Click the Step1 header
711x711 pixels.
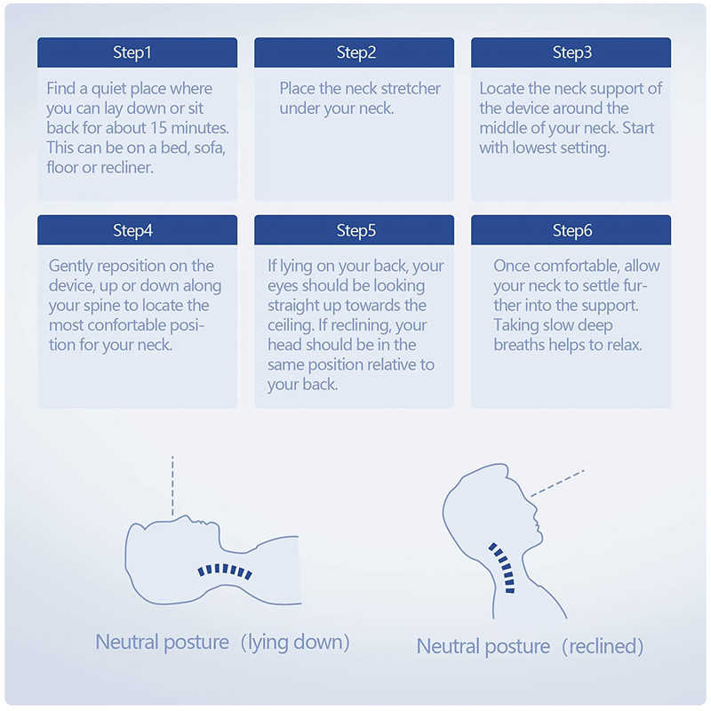click(x=137, y=52)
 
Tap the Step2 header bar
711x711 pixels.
click(x=354, y=52)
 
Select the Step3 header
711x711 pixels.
click(x=571, y=52)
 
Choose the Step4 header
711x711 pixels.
click(x=137, y=230)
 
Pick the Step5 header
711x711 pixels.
click(x=354, y=230)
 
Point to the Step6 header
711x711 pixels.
click(x=571, y=230)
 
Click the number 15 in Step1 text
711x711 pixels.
click(x=159, y=128)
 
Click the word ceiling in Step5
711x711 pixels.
click(x=292, y=325)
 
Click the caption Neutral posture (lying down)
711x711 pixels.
click(x=222, y=643)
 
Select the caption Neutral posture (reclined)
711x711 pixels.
click(x=530, y=647)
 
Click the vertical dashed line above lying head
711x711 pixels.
click(x=172, y=486)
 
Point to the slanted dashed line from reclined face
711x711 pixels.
click(x=557, y=483)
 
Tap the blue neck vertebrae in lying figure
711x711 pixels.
click(x=225, y=571)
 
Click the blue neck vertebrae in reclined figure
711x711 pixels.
click(x=503, y=567)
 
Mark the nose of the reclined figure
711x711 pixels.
click(x=536, y=514)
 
